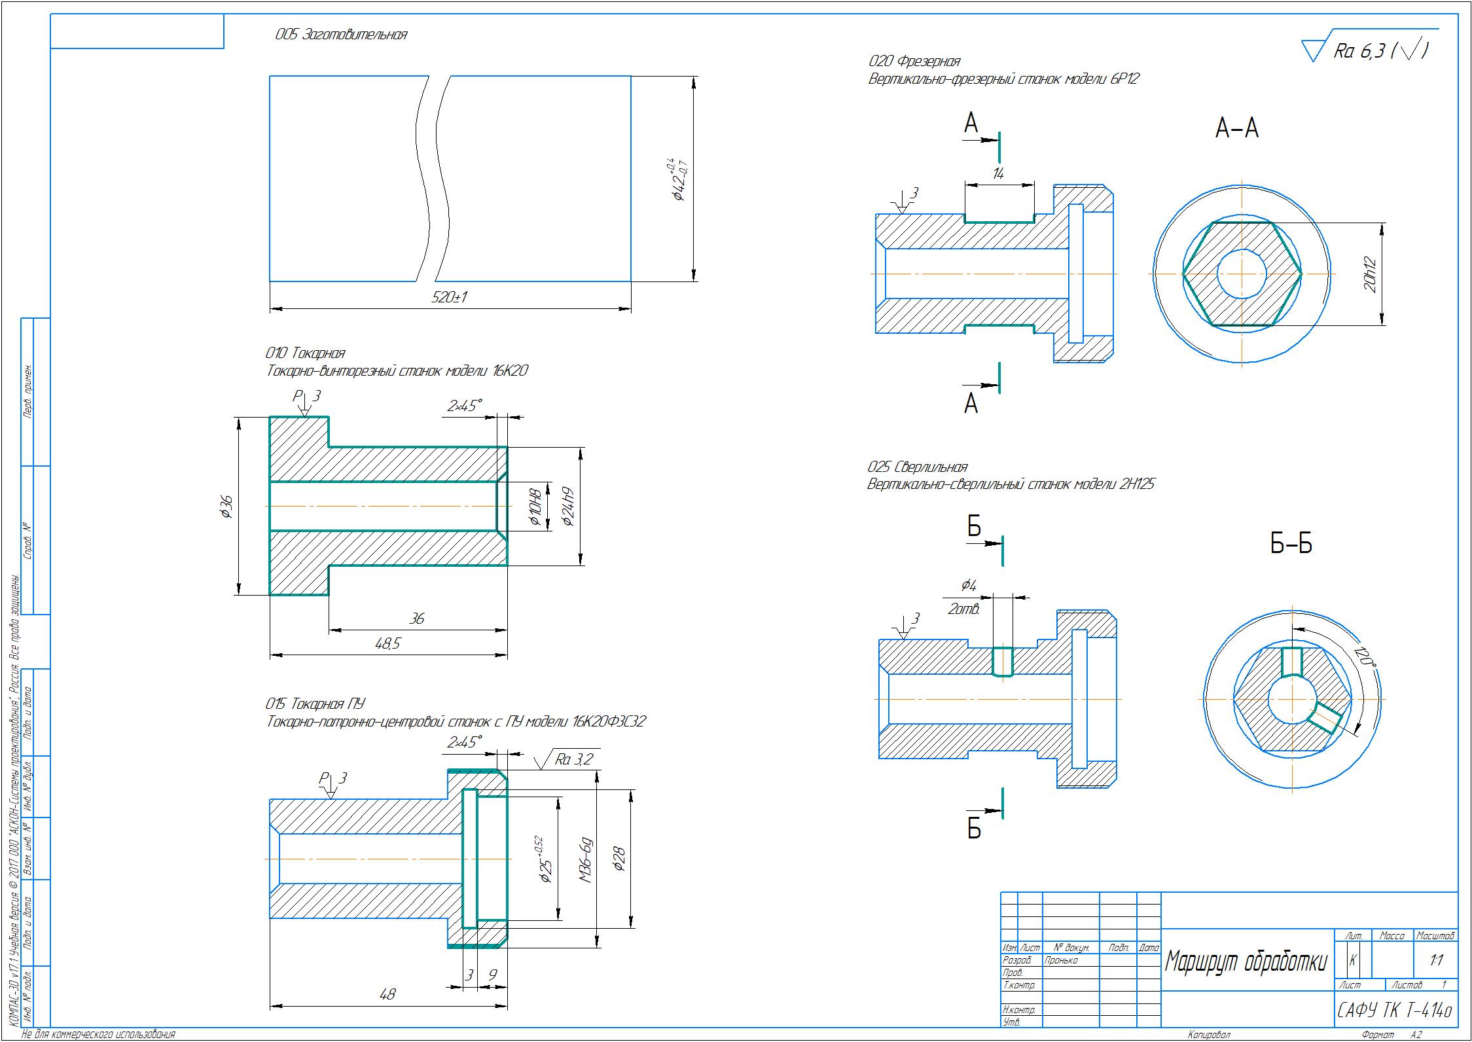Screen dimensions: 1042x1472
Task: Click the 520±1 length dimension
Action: pos(450,297)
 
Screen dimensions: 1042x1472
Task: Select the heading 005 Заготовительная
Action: pos(341,35)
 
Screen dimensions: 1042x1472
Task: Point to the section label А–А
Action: pos(1236,129)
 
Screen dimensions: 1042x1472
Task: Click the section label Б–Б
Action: pos(1291,544)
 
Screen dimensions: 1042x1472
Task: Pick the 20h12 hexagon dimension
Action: pos(1372,274)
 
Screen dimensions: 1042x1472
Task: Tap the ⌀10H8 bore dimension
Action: pos(535,507)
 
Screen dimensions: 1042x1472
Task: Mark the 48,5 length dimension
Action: pos(387,644)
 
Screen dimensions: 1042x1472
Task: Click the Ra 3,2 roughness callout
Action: pos(573,759)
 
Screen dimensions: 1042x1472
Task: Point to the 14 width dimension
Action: pos(998,174)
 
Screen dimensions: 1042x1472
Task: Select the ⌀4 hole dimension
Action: pos(969,586)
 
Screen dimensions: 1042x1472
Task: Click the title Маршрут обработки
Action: pos(1246,961)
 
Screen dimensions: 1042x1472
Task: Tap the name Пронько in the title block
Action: pos(1061,961)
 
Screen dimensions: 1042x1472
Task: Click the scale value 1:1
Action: pos(1437,961)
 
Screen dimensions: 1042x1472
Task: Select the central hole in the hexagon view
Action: pos(1242,273)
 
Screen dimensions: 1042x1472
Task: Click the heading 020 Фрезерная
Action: pos(914,62)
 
